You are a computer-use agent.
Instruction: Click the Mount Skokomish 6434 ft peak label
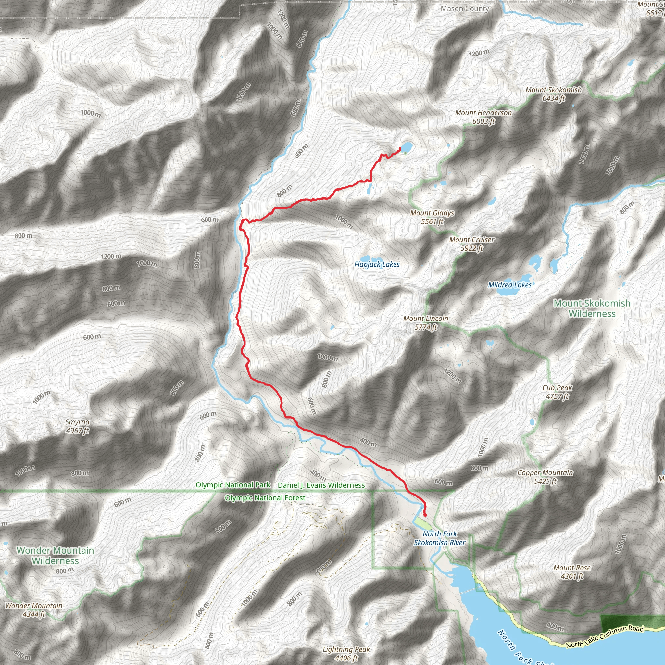(x=554, y=94)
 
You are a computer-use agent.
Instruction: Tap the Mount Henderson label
(x=483, y=117)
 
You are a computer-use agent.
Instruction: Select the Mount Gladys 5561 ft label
(x=432, y=217)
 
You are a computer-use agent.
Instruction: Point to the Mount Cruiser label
(x=471, y=244)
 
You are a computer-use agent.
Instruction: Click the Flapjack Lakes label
(x=377, y=264)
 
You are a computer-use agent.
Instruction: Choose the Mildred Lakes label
(x=509, y=285)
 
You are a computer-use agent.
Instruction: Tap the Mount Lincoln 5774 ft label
(x=426, y=323)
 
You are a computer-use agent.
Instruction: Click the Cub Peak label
(x=557, y=392)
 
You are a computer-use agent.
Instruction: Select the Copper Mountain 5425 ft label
(x=545, y=477)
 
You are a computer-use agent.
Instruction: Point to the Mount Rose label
(x=572, y=572)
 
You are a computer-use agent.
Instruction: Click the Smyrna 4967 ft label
(x=78, y=426)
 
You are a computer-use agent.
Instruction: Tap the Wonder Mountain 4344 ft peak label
(x=34, y=609)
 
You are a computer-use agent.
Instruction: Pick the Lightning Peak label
(x=346, y=654)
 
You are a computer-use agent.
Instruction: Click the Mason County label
(x=465, y=9)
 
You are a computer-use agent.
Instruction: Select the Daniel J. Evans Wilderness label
(x=321, y=485)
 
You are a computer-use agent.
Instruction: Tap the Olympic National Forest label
(x=265, y=498)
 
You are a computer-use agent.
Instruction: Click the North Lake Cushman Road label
(x=604, y=637)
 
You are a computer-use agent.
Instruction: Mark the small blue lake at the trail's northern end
(x=406, y=147)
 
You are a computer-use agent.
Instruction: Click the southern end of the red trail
(x=425, y=516)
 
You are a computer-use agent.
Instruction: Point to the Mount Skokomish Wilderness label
(x=592, y=308)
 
